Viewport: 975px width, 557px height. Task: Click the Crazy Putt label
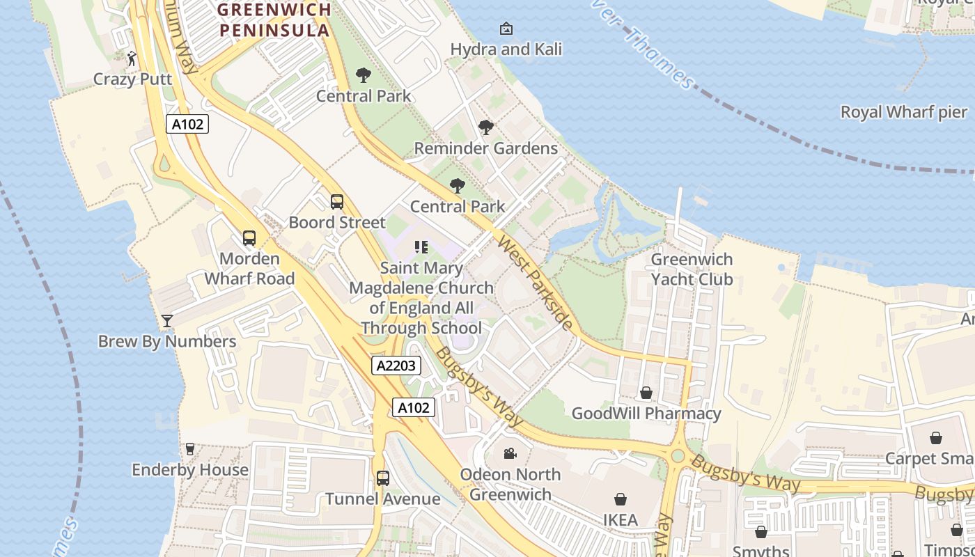(x=132, y=79)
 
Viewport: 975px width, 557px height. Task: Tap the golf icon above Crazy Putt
(x=132, y=58)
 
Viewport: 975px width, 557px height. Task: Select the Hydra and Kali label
(x=506, y=49)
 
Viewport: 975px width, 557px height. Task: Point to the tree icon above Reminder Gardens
(x=486, y=127)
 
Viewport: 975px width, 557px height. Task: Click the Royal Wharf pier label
(x=904, y=112)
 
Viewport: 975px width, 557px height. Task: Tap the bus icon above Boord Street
(x=337, y=202)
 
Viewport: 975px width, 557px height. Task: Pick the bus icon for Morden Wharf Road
(x=249, y=238)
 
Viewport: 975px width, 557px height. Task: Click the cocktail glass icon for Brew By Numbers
(x=167, y=321)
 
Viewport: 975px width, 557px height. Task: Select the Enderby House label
(x=190, y=470)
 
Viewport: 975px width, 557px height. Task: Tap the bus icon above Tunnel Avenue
(x=383, y=478)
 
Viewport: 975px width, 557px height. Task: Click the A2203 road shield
(x=396, y=366)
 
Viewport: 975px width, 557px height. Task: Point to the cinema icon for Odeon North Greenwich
(x=510, y=454)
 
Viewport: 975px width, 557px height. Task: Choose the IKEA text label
(x=621, y=520)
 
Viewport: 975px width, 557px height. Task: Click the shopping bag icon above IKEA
(x=621, y=499)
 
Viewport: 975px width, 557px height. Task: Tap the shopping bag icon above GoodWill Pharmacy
(x=646, y=393)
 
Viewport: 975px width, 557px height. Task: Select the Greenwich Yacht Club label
(x=692, y=269)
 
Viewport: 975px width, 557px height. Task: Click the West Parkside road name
(x=536, y=282)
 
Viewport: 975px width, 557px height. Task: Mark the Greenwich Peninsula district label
(x=274, y=20)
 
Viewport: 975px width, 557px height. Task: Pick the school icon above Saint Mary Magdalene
(x=421, y=247)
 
